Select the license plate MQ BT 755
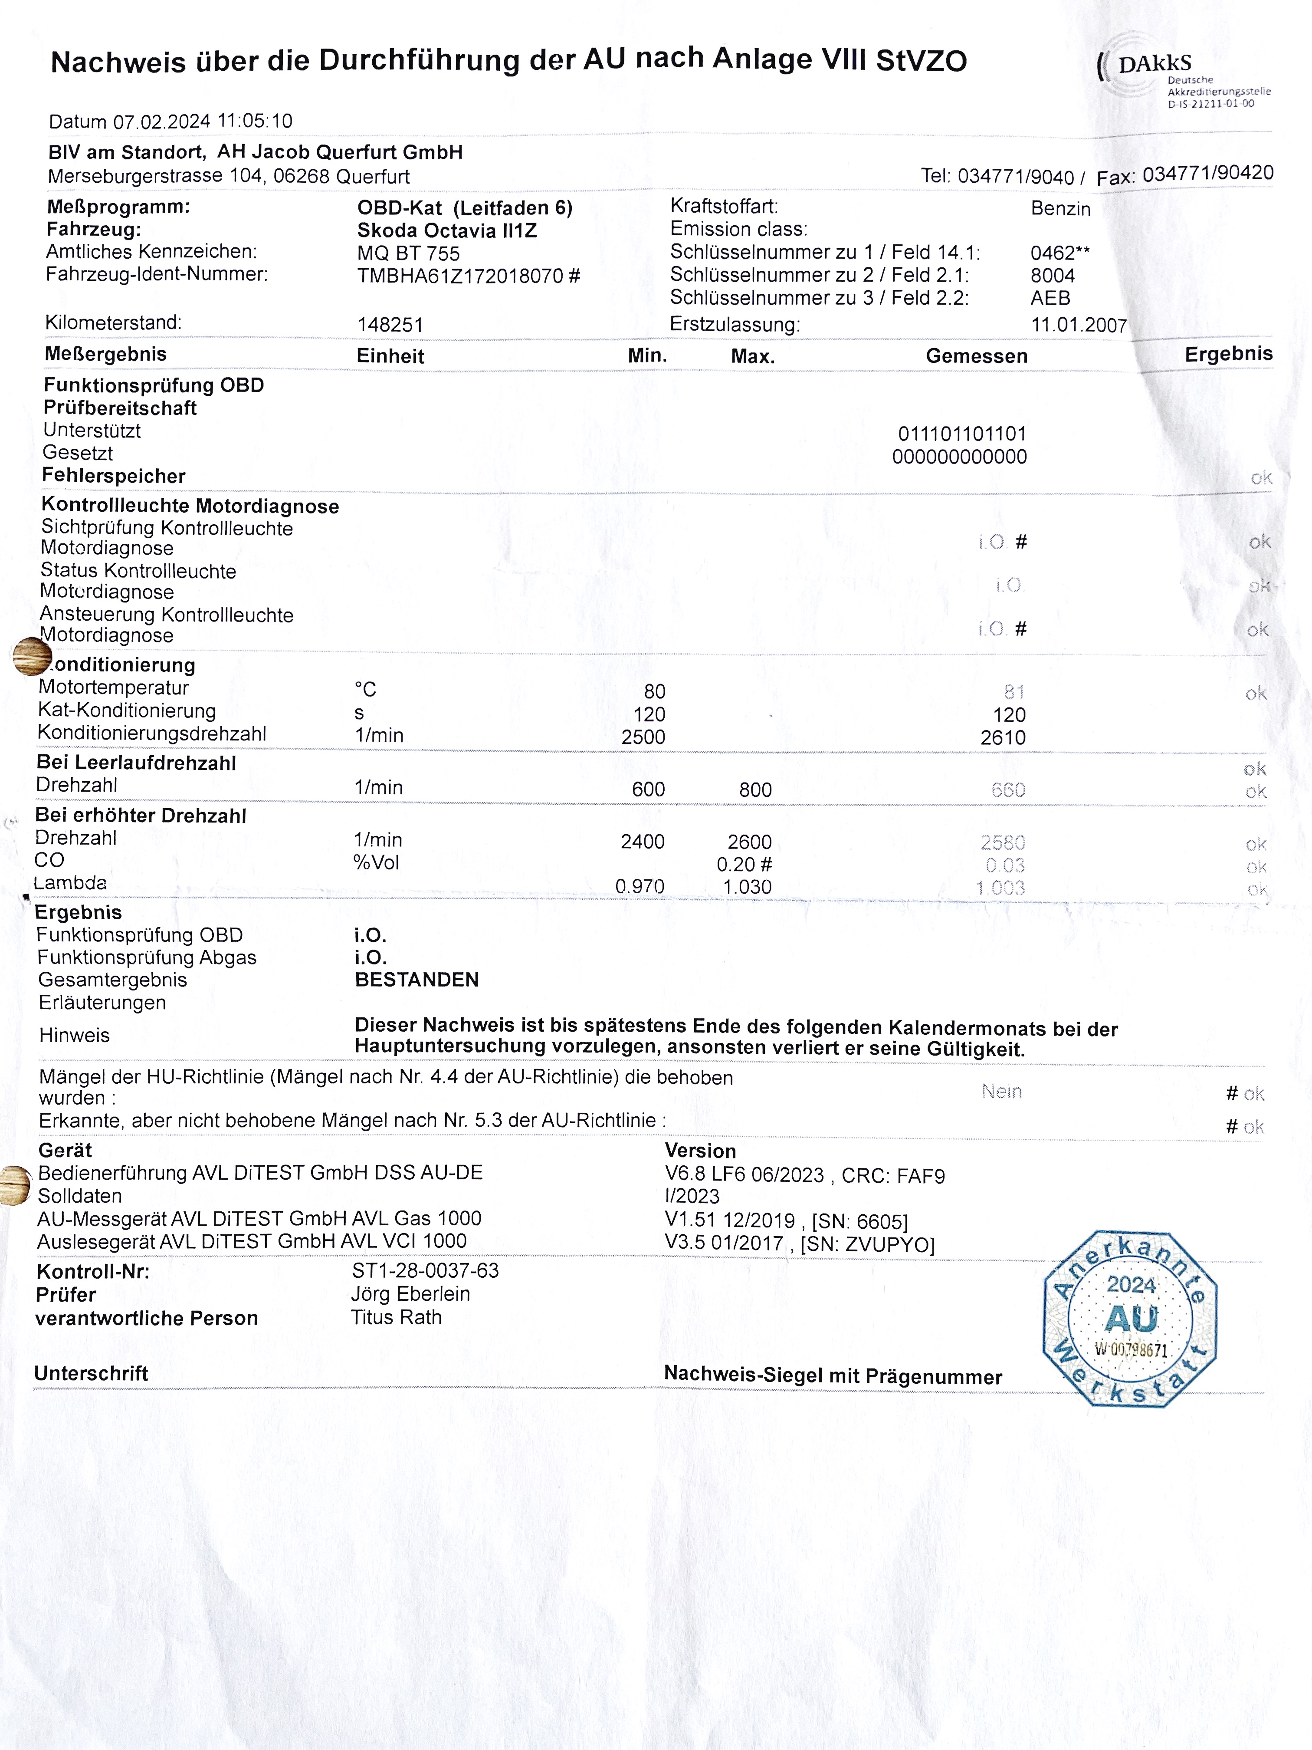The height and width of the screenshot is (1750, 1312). click(x=408, y=253)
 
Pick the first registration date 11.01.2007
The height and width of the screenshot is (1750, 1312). click(x=1078, y=325)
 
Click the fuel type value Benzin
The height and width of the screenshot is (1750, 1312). click(x=1060, y=209)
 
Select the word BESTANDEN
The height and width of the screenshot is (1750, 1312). click(x=417, y=980)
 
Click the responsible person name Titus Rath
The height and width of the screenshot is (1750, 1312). click(x=396, y=1317)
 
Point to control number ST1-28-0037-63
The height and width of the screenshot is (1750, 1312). click(x=426, y=1270)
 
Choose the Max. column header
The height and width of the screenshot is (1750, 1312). click(x=752, y=357)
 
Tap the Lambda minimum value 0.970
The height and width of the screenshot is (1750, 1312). click(x=640, y=887)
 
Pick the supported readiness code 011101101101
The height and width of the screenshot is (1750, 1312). click(x=962, y=434)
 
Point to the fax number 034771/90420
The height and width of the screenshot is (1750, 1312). click(x=1207, y=173)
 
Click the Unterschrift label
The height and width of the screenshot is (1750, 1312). click(x=91, y=1373)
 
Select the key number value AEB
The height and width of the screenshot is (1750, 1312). click(x=1050, y=298)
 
